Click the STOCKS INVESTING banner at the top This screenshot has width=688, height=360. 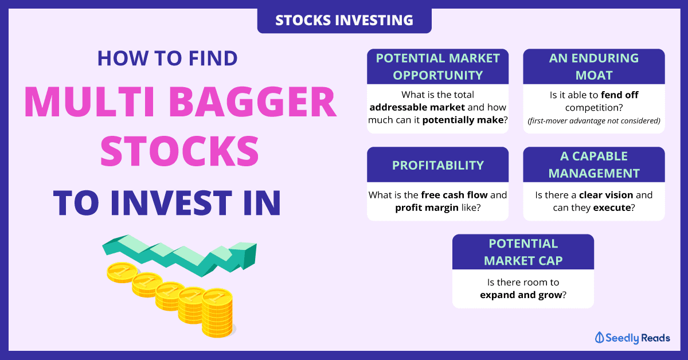345,20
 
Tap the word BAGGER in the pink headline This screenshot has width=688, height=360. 252,102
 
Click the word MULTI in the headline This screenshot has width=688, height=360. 89,102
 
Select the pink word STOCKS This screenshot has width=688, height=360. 179,151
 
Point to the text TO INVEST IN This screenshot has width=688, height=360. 167,203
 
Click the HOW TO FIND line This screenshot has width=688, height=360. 167,58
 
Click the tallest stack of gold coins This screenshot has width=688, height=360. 217,312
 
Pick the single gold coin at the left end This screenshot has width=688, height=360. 122,272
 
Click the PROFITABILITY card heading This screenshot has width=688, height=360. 437,165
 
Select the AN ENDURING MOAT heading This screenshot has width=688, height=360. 594,66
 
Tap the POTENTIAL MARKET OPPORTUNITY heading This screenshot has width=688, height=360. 437,66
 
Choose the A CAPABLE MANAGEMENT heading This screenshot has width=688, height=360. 594,165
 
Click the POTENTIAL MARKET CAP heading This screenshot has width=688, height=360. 523,252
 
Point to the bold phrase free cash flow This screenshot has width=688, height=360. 454,195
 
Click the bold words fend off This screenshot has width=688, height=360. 620,95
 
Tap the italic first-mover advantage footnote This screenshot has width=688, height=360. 594,121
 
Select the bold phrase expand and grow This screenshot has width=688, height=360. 521,295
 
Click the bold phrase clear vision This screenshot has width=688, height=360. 605,195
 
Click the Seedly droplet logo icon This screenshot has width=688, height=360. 599,338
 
